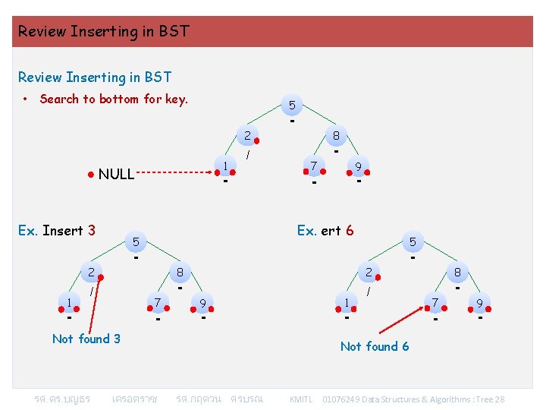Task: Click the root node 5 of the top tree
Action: click(292, 105)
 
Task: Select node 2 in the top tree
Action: click(247, 137)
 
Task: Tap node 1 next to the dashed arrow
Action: click(226, 166)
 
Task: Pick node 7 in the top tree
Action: click(313, 166)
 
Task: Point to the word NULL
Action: click(116, 175)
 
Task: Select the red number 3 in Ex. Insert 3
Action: click(92, 230)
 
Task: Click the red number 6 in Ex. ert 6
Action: click(350, 230)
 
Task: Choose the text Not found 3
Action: click(86, 339)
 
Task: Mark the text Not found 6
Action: click(375, 346)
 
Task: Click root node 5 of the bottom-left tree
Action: click(136, 241)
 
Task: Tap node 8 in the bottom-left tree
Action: click(180, 271)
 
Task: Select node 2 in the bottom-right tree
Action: click(369, 271)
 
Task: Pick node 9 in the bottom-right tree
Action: click(479, 303)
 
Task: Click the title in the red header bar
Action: click(104, 32)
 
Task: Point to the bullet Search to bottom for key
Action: click(114, 99)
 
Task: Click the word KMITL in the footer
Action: click(301, 399)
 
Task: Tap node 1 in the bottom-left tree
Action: click(69, 303)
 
